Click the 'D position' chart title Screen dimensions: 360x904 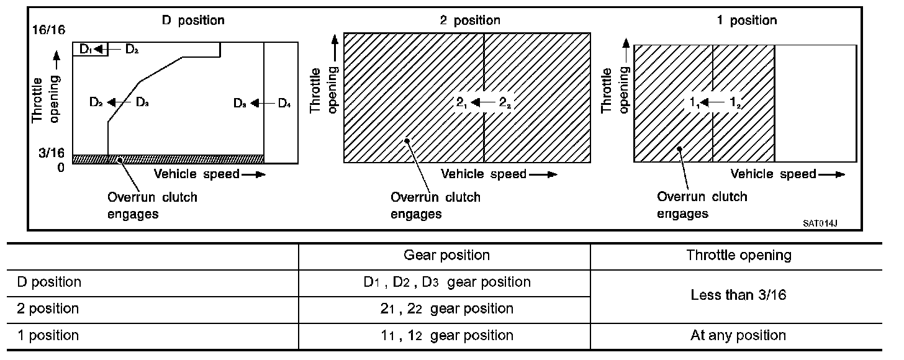[193, 20]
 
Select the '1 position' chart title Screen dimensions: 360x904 [746, 20]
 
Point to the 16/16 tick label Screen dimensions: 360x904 [52, 30]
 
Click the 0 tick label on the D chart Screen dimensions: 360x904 [60, 167]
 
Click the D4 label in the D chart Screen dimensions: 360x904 [284, 103]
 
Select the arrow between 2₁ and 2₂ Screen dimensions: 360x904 [484, 103]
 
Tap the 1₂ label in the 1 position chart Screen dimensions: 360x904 [735, 103]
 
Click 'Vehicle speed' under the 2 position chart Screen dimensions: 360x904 [484, 174]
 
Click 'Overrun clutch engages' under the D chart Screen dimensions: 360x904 [153, 205]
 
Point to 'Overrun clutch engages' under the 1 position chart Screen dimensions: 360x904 [702, 205]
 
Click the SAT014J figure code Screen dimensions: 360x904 [824, 223]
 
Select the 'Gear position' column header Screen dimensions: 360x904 [446, 255]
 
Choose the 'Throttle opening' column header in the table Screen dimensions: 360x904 [738, 255]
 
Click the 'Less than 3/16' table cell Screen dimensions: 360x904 [738, 295]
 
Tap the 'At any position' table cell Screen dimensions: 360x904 [738, 336]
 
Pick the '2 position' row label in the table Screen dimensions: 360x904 [48, 308]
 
